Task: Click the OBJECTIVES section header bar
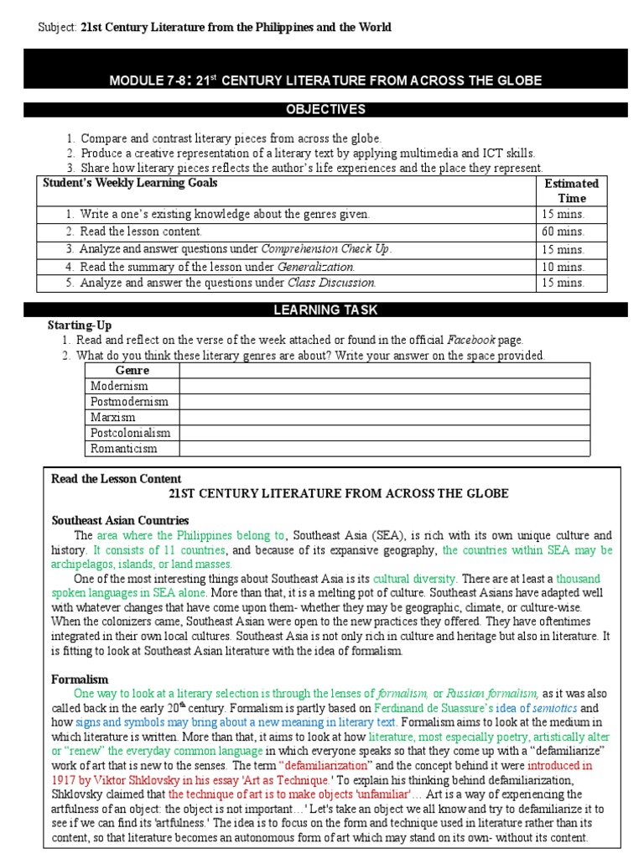point(325,110)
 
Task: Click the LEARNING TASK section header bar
point(325,310)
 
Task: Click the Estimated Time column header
point(571,190)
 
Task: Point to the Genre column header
point(132,370)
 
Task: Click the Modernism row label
point(119,386)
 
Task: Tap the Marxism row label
point(113,417)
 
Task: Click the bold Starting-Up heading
point(80,325)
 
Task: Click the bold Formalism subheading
point(80,679)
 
